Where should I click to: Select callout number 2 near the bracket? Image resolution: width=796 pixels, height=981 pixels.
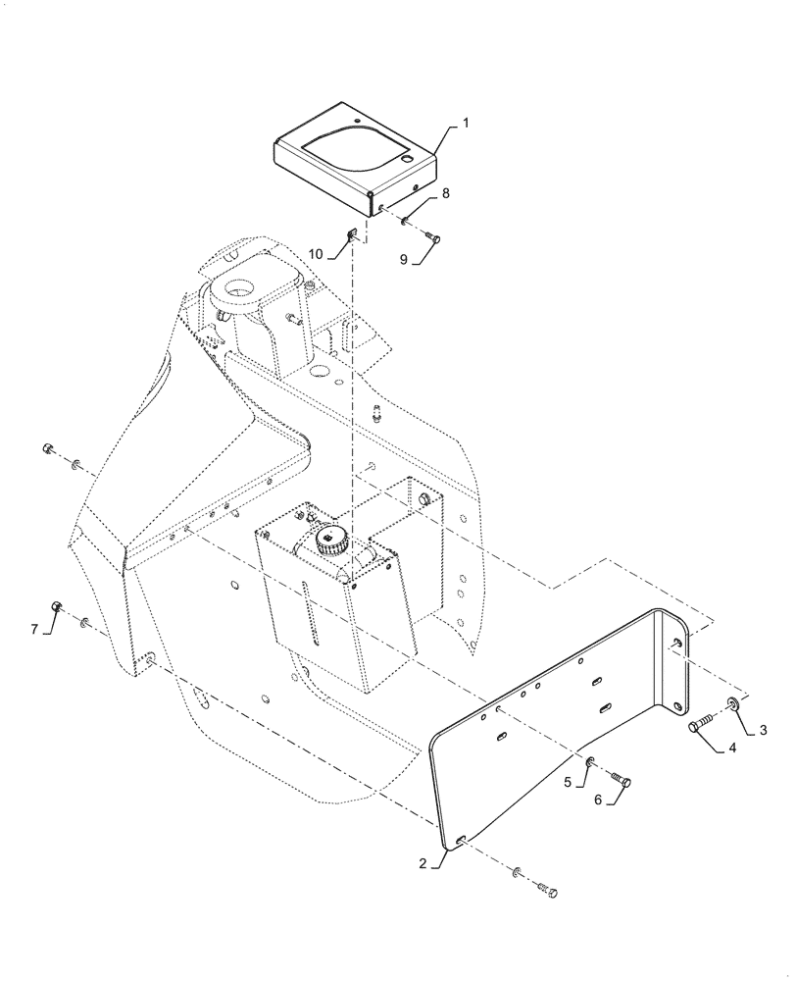tap(422, 864)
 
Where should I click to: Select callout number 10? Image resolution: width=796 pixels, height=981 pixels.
tap(316, 254)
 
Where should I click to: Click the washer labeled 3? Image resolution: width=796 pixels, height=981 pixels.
tap(733, 703)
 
